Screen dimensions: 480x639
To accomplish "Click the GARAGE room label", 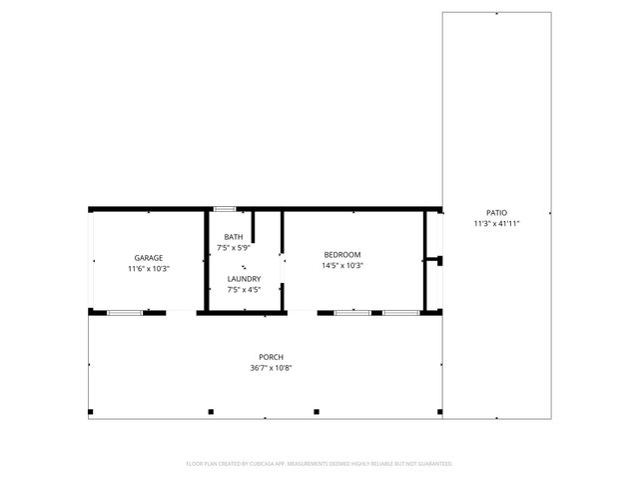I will click(149, 257).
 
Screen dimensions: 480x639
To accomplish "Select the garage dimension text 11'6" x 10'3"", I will click(149, 268).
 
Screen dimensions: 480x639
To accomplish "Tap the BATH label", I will click(232, 236).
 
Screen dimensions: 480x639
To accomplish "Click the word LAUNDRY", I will click(244, 278).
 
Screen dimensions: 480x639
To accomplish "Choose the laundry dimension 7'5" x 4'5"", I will click(244, 289).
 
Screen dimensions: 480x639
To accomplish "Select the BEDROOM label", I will click(341, 254).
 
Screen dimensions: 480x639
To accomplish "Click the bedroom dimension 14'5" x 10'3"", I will click(341, 265).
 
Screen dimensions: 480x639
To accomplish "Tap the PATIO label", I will click(496, 213).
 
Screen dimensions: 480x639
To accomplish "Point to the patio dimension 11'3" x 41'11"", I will click(496, 224).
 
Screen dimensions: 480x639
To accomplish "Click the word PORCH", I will click(272, 357).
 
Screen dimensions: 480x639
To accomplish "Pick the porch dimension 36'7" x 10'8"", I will click(272, 368).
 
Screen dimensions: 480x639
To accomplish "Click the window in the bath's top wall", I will click(225, 208).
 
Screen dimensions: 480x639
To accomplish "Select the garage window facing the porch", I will click(125, 313).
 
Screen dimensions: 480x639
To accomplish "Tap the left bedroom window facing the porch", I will click(352, 313).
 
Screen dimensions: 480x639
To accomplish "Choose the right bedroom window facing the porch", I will click(401, 313).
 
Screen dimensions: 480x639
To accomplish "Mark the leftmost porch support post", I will click(91, 411).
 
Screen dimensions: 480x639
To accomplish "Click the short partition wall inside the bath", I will click(253, 226).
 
